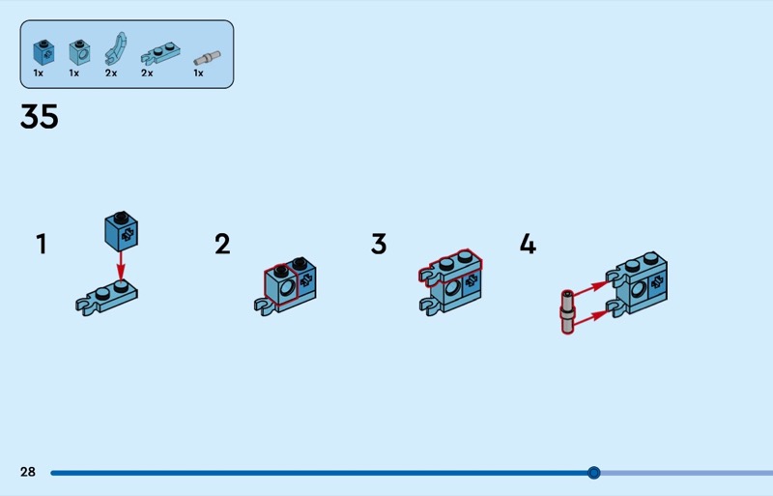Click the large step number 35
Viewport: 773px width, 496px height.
click(40, 116)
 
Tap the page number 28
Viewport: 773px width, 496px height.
click(28, 472)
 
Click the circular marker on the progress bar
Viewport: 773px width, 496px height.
click(594, 473)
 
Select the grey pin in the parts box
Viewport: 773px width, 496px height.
click(207, 58)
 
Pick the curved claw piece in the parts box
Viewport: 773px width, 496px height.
click(116, 48)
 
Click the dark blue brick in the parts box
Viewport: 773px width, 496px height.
click(43, 52)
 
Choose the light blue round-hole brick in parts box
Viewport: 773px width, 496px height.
click(79, 53)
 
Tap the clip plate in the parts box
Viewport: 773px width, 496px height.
click(160, 54)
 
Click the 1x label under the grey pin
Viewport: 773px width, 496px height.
click(198, 73)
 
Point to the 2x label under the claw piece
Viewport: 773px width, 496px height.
click(111, 73)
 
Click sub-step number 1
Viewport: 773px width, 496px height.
click(42, 244)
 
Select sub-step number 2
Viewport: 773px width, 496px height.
click(222, 244)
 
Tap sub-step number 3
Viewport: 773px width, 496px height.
click(379, 244)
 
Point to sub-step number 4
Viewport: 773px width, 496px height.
click(528, 244)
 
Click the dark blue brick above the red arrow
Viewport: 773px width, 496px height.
click(122, 231)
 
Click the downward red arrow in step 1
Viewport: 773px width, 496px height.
click(121, 267)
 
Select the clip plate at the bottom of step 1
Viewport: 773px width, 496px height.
click(106, 298)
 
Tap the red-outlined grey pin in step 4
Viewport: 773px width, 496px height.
click(567, 312)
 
